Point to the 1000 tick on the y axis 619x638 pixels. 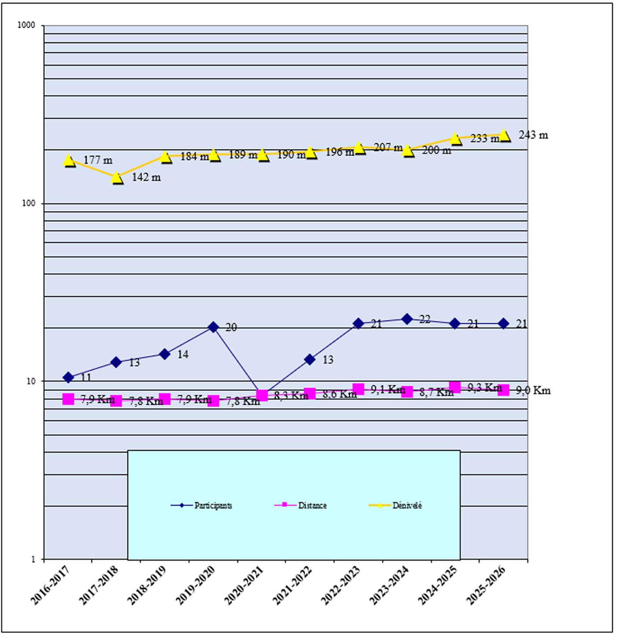coord(26,25)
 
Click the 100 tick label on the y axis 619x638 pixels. coord(28,203)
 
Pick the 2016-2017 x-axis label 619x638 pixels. coord(51,585)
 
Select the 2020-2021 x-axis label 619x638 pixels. coord(244,585)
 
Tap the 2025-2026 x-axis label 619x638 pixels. coord(486,585)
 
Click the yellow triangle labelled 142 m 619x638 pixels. coord(117,178)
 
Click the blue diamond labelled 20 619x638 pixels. coord(213,327)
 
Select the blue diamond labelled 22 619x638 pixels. coord(407,319)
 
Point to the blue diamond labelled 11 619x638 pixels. coord(68,377)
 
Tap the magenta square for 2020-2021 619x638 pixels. coord(262,395)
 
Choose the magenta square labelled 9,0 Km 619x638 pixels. coord(504,390)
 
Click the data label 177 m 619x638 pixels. coord(98,160)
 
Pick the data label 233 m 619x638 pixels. coord(485,139)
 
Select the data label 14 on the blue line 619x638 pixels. coord(183,354)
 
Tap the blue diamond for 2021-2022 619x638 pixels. coord(310,359)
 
